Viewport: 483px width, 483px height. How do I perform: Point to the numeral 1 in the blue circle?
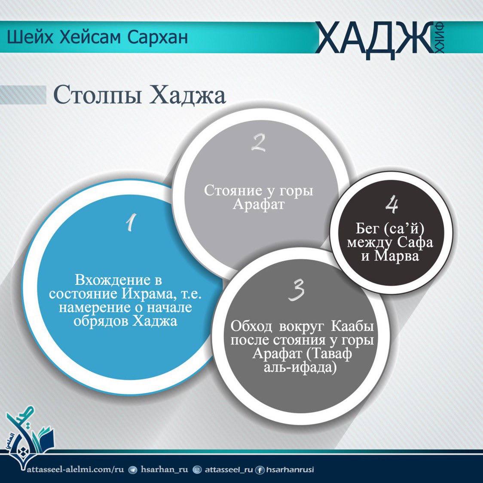point(131,223)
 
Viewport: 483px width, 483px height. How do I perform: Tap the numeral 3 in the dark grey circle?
point(297,290)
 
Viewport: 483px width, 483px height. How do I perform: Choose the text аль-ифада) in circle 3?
point(300,367)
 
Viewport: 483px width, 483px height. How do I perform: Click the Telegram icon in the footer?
point(133,470)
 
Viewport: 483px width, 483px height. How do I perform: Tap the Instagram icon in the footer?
point(197,470)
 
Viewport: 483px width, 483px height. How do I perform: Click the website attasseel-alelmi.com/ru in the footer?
point(76,469)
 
